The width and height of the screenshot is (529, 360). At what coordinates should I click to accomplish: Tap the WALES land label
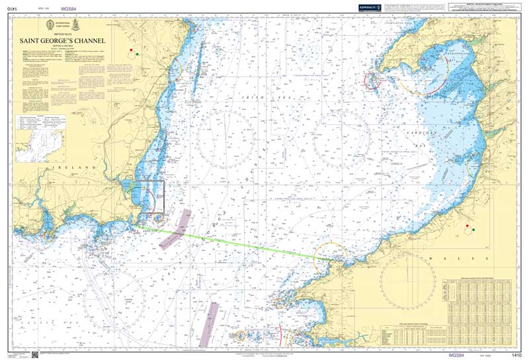[441, 257]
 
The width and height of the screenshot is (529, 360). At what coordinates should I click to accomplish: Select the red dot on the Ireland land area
[132, 50]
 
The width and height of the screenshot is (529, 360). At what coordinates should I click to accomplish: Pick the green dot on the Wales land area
[472, 232]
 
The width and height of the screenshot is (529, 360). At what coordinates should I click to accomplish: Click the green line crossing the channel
[231, 242]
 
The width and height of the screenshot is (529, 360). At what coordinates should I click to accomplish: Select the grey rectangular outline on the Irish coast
[151, 197]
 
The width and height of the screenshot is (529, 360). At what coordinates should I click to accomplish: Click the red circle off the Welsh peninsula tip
[372, 81]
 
